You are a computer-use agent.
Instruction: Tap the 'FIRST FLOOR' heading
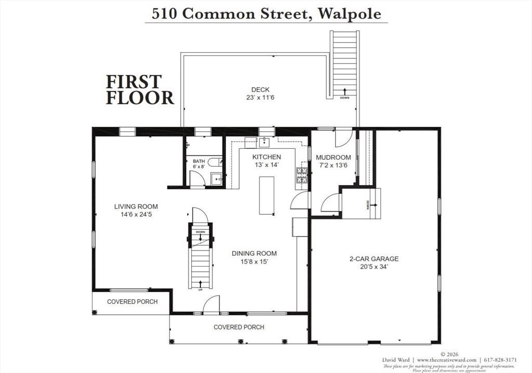point(140,90)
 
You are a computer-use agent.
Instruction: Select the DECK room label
point(260,90)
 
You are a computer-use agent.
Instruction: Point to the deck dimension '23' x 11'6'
point(260,98)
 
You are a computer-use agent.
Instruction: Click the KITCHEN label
point(267,157)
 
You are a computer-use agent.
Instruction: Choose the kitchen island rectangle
point(267,195)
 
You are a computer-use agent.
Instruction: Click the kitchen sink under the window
point(265,142)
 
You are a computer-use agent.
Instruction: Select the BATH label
point(199,161)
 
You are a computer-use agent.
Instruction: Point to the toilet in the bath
point(214,162)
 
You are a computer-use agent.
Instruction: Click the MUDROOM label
point(334,157)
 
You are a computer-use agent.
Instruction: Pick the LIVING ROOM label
point(136,206)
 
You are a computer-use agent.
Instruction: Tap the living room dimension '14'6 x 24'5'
point(136,215)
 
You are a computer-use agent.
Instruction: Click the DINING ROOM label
point(254,253)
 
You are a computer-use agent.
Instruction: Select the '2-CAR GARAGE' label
point(374,258)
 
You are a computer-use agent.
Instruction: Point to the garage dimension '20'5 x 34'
point(374,267)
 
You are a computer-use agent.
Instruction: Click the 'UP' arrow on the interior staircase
point(201,284)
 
